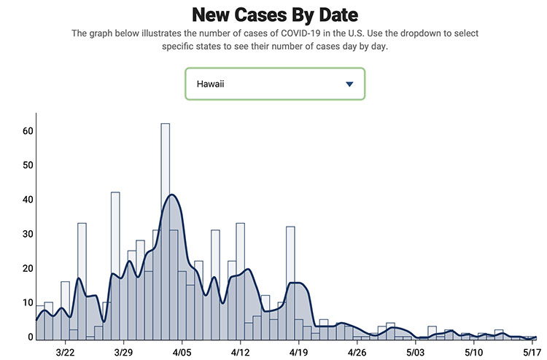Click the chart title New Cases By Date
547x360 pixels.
click(273, 14)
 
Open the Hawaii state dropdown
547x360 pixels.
click(274, 84)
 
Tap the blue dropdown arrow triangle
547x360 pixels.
click(349, 85)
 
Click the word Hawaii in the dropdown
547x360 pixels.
click(210, 85)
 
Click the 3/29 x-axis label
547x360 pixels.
click(123, 352)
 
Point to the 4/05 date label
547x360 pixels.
click(182, 352)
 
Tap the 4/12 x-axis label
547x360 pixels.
click(240, 352)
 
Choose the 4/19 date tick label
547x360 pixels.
click(298, 352)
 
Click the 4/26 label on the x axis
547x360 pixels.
click(357, 352)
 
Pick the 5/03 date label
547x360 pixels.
click(415, 352)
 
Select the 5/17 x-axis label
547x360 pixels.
click(531, 352)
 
